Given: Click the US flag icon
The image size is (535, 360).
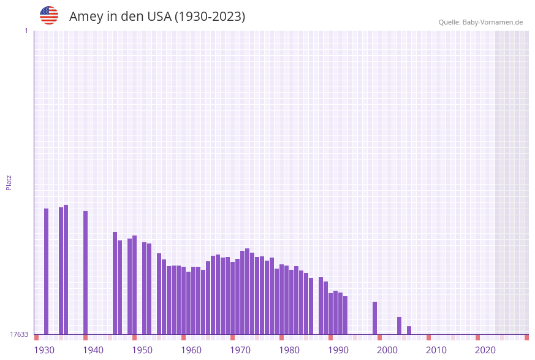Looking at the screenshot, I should [49, 15].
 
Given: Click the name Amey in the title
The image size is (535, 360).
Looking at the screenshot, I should [86, 17].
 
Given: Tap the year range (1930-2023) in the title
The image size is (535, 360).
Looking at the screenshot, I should [210, 17].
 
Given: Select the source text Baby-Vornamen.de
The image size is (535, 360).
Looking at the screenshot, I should [492, 22].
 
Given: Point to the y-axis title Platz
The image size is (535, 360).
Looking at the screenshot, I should [9, 183].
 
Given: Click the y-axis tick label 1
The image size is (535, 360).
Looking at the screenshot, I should [26, 31].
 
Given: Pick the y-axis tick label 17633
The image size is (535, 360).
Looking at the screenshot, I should [19, 334].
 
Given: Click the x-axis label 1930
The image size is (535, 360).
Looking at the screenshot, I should [44, 350].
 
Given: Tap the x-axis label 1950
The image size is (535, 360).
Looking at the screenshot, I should [142, 350].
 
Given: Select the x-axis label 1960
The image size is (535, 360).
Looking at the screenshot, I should [191, 350].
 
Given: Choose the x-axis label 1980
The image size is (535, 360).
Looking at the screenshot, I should [289, 350].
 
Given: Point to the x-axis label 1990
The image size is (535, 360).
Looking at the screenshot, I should [338, 350].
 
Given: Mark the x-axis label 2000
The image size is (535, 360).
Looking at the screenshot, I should [387, 350].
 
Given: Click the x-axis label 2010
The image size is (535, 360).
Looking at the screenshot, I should [436, 350].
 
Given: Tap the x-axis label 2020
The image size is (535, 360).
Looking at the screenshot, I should [485, 350].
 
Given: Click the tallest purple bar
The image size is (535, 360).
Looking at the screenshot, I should [66, 270].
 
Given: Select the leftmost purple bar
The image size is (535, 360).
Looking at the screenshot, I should [46, 271].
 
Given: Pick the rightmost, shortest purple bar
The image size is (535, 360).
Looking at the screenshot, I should [409, 331].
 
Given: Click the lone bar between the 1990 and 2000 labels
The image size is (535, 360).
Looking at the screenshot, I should [374, 318].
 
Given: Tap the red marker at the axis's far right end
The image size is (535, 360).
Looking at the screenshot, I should [526, 337].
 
